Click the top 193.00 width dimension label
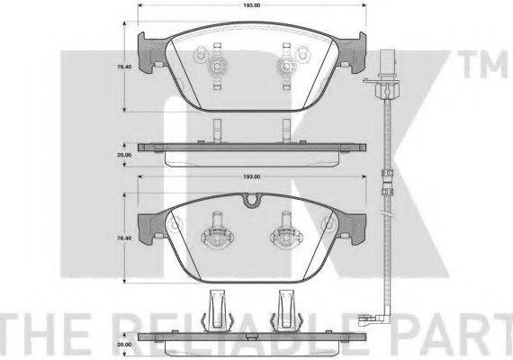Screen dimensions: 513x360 (252, 5)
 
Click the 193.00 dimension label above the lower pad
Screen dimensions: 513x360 (252, 176)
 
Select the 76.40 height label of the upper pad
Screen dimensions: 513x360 (124, 67)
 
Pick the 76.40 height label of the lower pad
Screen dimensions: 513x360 (124, 238)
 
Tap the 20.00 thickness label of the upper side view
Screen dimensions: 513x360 (124, 155)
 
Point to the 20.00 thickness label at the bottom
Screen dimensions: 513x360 (124, 345)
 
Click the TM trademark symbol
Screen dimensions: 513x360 (484, 65)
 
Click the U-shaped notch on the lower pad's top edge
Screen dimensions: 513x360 (252, 201)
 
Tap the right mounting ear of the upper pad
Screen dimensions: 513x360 (352, 52)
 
